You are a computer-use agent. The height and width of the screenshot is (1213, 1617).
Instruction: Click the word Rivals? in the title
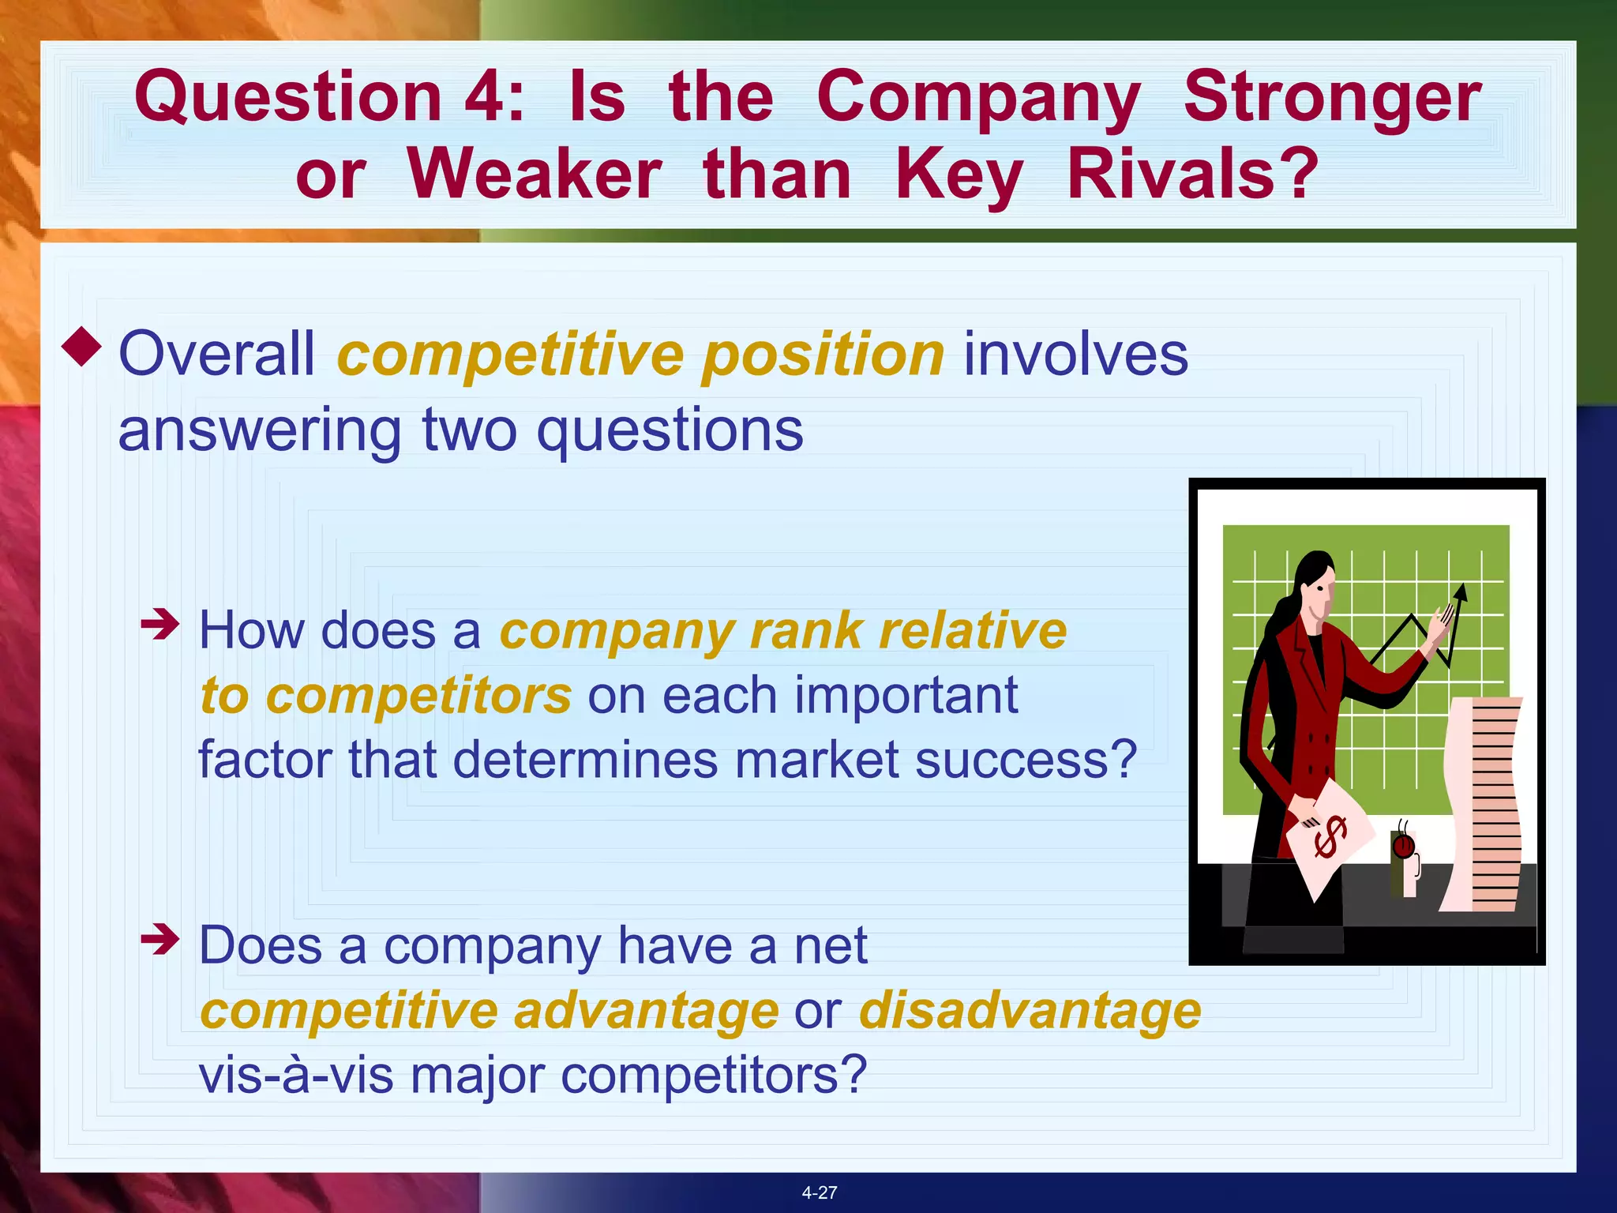click(1192, 175)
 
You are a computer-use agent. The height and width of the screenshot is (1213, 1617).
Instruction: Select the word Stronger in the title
click(1332, 98)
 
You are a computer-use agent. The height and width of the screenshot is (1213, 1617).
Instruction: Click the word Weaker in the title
click(535, 175)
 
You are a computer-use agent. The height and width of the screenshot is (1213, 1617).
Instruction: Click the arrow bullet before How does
click(160, 625)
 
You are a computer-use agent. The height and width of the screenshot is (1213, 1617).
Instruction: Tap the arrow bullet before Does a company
click(160, 940)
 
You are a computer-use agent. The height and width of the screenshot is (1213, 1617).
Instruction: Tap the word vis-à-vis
click(296, 1076)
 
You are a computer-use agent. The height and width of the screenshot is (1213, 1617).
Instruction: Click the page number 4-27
click(819, 1192)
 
